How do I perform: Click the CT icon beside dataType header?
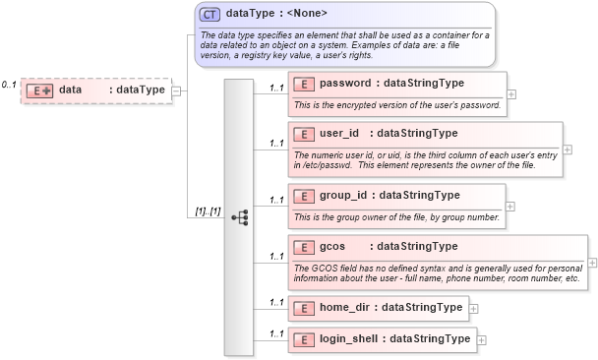coord(209,14)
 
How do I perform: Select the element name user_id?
coord(340,133)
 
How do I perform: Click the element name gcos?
coord(332,246)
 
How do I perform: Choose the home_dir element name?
coord(348,308)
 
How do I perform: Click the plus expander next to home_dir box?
coord(475,308)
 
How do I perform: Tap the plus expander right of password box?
coord(509,94)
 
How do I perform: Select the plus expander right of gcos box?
coord(592,263)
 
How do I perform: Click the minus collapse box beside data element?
coord(176,90)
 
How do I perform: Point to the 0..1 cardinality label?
coord(9,85)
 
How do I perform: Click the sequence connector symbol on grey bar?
coord(239,217)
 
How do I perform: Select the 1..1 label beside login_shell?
coord(276,334)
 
